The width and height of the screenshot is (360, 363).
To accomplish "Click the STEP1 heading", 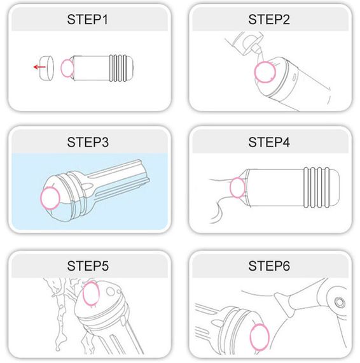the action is click(x=87, y=20).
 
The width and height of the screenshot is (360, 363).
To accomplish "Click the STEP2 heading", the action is click(x=269, y=20).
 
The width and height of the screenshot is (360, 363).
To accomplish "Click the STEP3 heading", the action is click(x=88, y=142).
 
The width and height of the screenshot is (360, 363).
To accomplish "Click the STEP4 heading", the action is click(x=269, y=142).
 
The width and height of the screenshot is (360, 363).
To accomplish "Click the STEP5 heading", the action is click(x=88, y=266).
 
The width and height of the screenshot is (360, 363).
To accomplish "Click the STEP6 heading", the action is click(x=269, y=266).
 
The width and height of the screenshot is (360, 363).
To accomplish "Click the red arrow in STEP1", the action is click(x=39, y=67).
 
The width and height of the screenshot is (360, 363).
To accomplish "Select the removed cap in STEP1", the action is click(x=46, y=68).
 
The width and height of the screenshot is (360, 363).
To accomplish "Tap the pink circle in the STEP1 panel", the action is click(x=61, y=68).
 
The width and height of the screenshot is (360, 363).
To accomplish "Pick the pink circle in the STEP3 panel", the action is click(x=41, y=199).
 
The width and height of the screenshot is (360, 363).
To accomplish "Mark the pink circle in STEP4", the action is click(x=230, y=187).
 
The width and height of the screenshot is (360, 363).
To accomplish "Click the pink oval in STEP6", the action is click(x=251, y=337).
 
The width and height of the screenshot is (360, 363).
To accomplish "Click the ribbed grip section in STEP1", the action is click(x=118, y=68).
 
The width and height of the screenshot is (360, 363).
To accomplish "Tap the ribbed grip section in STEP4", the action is click(x=317, y=187).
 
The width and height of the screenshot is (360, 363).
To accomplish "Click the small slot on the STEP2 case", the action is click(x=294, y=77).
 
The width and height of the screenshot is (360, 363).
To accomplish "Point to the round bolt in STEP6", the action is click(x=340, y=302).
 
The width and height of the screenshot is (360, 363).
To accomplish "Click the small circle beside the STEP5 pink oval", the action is click(x=111, y=292).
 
